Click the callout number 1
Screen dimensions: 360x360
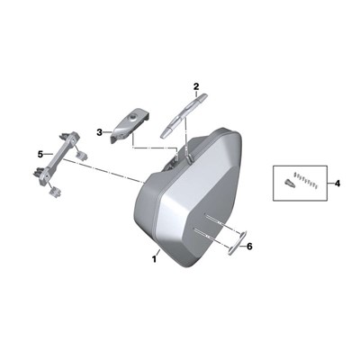[155, 259]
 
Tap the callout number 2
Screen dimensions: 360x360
[196, 87]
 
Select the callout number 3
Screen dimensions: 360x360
[100, 132]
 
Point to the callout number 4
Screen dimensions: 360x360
[337, 183]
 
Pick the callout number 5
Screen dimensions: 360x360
[40, 154]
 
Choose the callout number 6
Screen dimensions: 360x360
[249, 247]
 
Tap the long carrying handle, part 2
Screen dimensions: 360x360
[184, 115]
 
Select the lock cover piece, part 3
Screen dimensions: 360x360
[130, 125]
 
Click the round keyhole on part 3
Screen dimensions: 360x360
[131, 117]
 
